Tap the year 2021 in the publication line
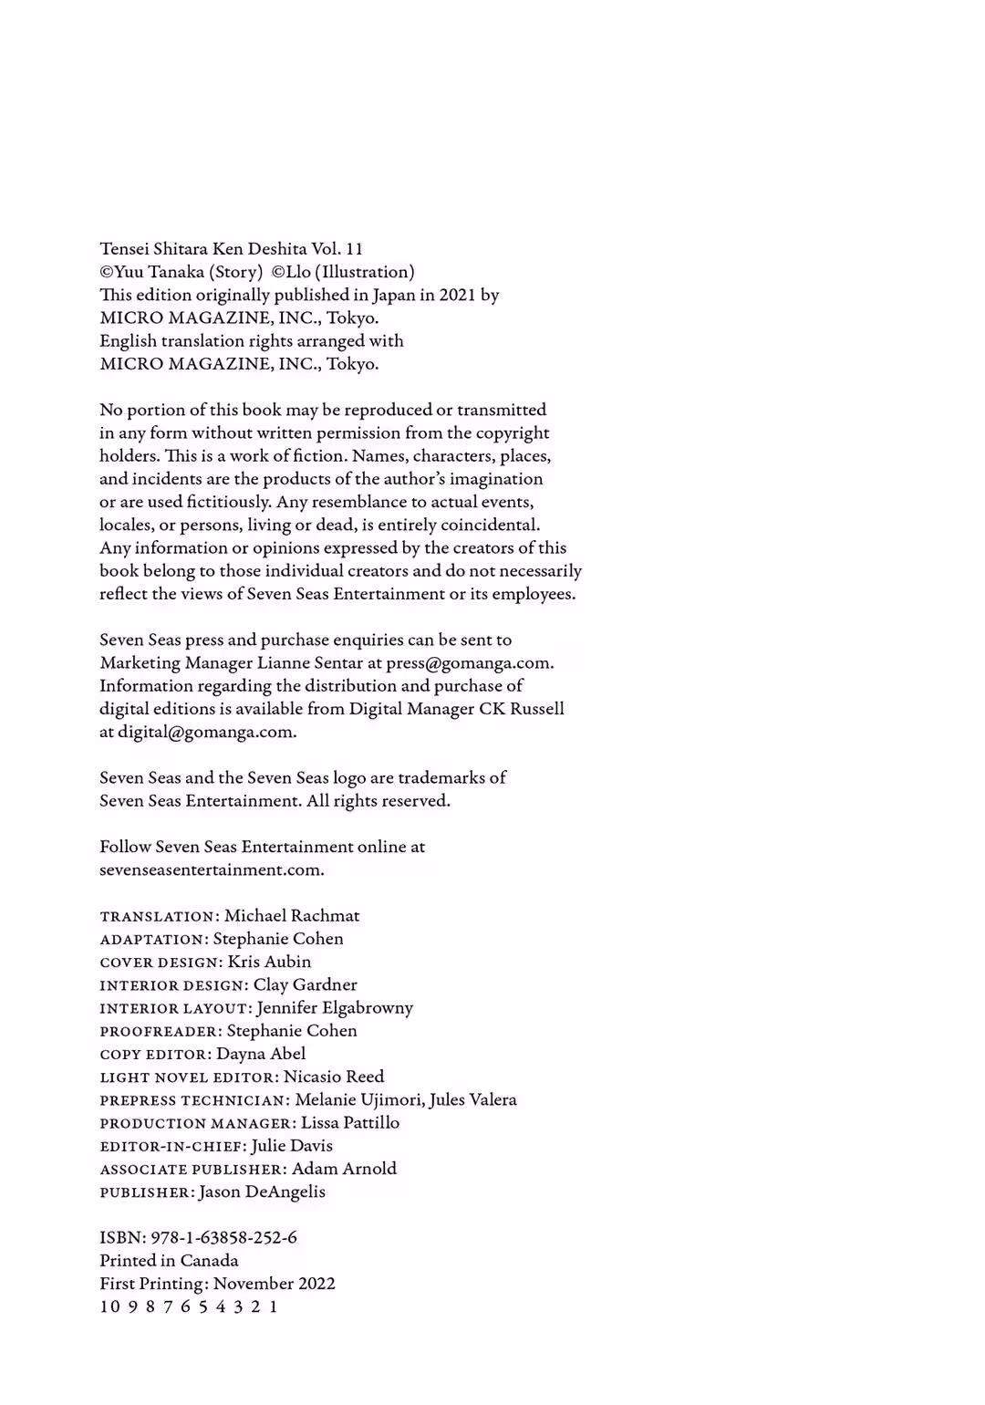click(x=457, y=295)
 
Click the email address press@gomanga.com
click(x=469, y=663)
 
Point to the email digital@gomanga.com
click(x=207, y=732)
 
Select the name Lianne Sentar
click(x=310, y=663)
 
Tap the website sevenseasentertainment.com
click(x=212, y=869)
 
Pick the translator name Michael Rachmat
click(x=292, y=916)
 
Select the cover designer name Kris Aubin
click(x=269, y=962)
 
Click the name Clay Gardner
click(x=305, y=984)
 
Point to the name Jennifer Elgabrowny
click(x=335, y=1007)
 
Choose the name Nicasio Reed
click(x=334, y=1077)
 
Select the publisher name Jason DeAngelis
click(x=262, y=1192)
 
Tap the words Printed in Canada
click(x=169, y=1261)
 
